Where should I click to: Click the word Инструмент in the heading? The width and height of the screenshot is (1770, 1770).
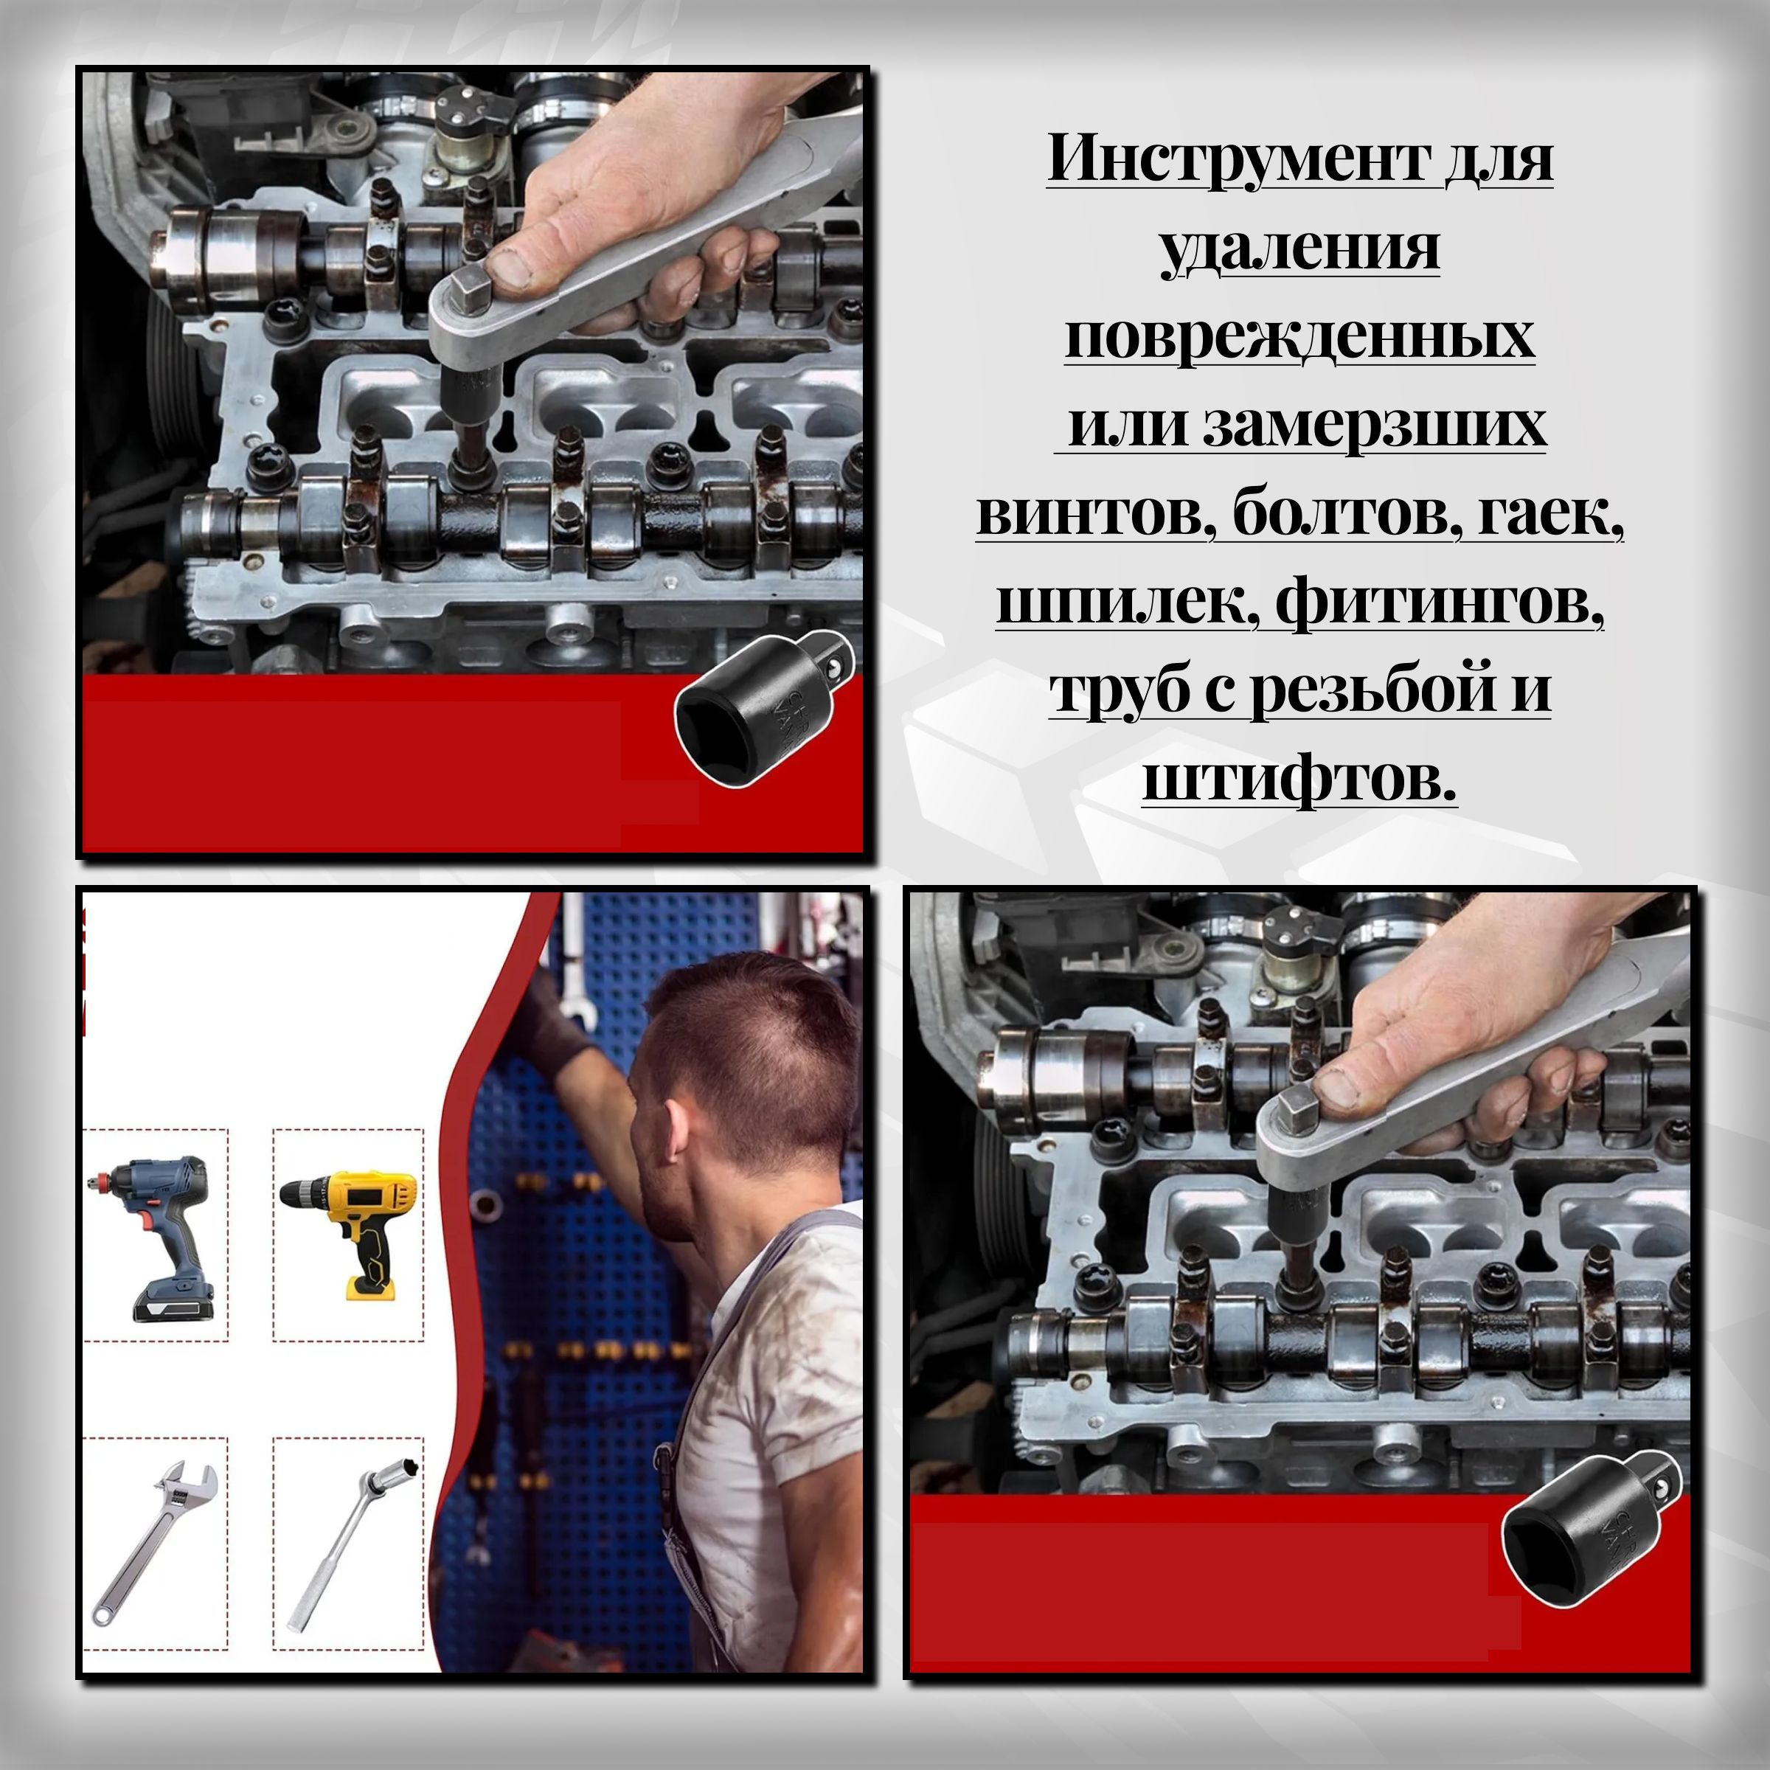1238,159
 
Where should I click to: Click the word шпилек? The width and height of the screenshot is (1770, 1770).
1125,604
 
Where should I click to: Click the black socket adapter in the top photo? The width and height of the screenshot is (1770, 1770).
764,710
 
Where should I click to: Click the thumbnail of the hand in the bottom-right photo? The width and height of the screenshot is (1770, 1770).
1336,1088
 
